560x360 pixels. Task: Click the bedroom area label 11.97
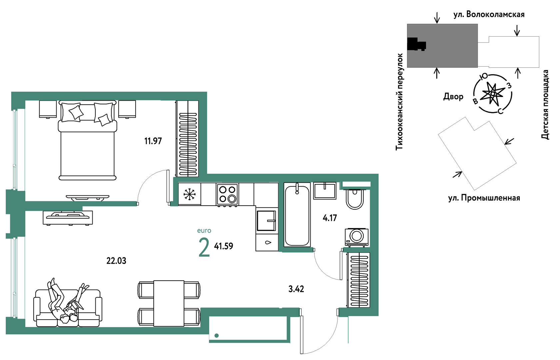[x=153, y=141]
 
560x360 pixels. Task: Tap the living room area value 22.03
[x=116, y=261]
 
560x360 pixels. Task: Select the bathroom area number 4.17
[x=330, y=218]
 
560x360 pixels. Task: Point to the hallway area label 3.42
[x=296, y=289]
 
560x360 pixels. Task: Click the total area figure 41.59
[x=223, y=246]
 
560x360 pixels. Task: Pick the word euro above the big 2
[x=204, y=231]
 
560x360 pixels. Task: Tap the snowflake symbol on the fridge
[x=189, y=194]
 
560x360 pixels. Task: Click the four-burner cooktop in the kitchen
[x=227, y=194]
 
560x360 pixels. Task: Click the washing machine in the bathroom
[x=357, y=237]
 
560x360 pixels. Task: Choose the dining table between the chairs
[x=169, y=303]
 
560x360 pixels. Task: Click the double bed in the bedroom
[x=87, y=140]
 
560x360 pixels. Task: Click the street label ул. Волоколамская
[x=489, y=15]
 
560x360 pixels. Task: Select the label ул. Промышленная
[x=484, y=198]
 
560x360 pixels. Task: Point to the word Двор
[x=453, y=97]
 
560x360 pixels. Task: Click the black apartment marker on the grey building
[x=416, y=44]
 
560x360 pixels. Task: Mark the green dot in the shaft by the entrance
[x=217, y=335]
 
